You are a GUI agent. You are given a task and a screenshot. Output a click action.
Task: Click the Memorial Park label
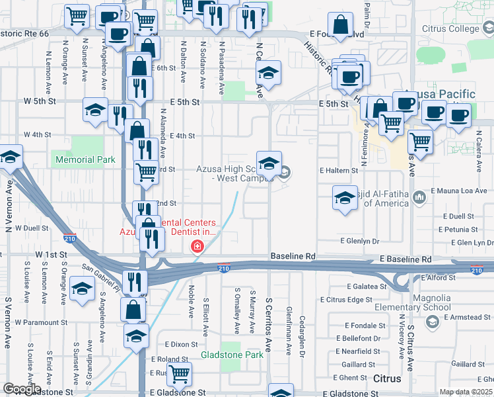[86, 159]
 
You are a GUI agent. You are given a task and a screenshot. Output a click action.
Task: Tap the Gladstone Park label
[232, 355]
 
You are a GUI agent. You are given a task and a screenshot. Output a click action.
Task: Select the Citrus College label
[450, 29]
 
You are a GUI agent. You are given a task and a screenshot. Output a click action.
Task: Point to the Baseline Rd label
[293, 255]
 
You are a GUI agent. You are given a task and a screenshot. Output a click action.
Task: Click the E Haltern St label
[338, 170]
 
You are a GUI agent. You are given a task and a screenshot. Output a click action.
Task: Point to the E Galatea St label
[366, 287]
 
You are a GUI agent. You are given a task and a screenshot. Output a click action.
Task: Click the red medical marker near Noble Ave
[196, 247]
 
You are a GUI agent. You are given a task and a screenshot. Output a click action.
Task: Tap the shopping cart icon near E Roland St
[179, 373]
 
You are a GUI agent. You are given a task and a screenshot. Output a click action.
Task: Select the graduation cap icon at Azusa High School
[269, 162]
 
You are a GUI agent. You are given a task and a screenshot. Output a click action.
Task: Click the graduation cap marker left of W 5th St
[95, 109]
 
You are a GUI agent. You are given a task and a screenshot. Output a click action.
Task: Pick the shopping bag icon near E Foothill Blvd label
[341, 26]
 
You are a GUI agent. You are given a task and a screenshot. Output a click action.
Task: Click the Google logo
[22, 389]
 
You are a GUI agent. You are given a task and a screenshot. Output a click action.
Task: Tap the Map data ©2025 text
[466, 392]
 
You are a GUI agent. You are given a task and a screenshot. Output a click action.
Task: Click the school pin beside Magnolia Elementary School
[433, 322]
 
